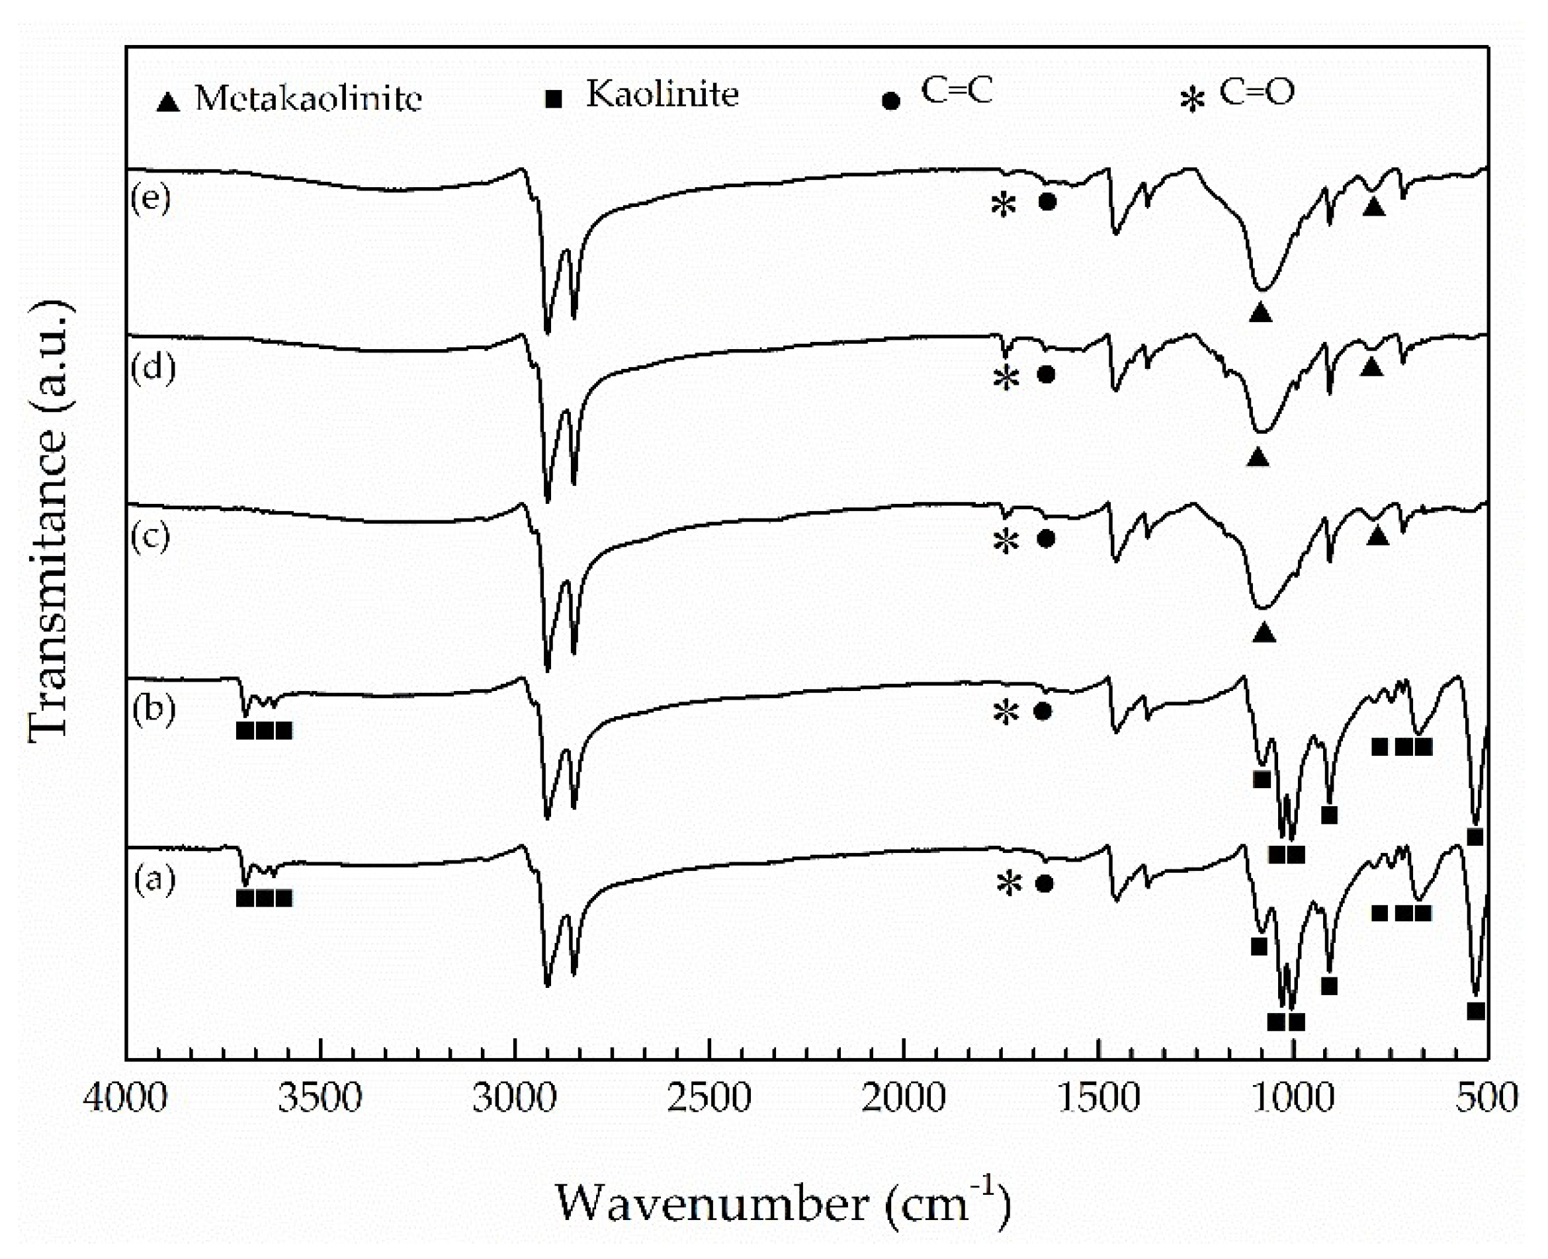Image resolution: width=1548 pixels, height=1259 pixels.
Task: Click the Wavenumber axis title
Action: (x=783, y=1205)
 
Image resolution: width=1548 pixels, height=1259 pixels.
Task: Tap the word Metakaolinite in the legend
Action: (x=308, y=98)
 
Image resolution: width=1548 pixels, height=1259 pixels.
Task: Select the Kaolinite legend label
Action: (x=662, y=95)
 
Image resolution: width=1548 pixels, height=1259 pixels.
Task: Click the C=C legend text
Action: (x=956, y=91)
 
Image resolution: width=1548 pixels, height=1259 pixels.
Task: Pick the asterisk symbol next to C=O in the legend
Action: (x=1192, y=100)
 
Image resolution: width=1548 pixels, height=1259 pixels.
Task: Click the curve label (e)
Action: (x=151, y=197)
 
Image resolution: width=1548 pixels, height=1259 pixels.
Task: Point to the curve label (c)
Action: (x=151, y=537)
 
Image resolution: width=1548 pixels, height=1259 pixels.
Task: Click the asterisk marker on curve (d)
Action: (x=1006, y=377)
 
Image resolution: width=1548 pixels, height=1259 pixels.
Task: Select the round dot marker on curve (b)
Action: (x=1043, y=711)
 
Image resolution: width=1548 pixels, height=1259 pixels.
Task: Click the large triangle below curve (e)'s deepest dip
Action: (x=1261, y=313)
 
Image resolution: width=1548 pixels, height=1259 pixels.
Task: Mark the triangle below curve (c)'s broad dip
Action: (x=1264, y=633)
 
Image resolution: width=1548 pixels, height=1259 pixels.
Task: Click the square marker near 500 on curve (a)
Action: (x=1475, y=1011)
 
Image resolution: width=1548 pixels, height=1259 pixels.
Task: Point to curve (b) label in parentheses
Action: (x=153, y=709)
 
